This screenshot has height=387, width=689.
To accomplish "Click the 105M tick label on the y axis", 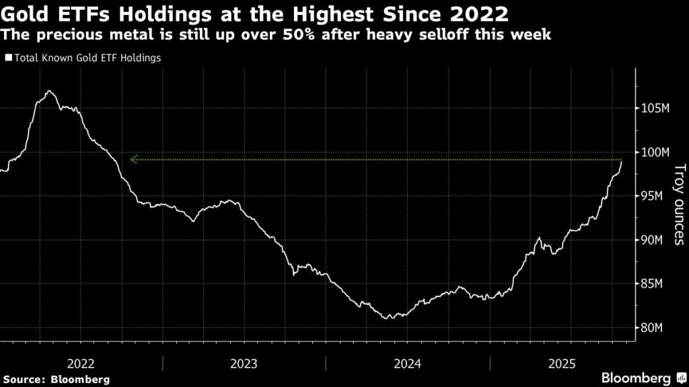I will tap(653, 109).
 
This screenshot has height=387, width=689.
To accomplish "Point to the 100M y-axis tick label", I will tap(653, 153).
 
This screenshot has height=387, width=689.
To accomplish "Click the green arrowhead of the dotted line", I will tap(133, 160).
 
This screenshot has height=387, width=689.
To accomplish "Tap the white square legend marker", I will tap(8, 58).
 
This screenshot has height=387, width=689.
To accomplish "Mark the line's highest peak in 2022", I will tap(48, 91).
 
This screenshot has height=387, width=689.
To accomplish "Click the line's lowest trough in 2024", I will tap(386, 318).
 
